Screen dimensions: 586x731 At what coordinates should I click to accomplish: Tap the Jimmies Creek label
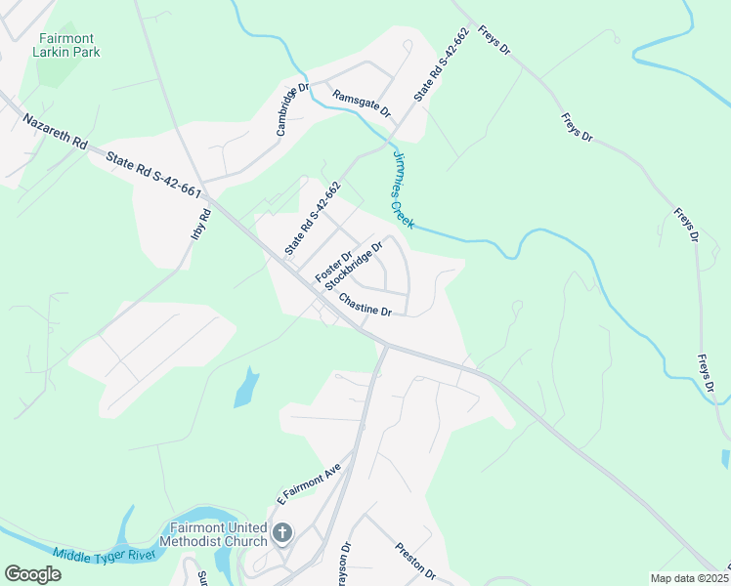tap(404, 189)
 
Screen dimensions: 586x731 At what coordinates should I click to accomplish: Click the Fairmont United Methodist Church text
tap(219, 534)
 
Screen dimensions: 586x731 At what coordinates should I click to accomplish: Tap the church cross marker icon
tap(282, 533)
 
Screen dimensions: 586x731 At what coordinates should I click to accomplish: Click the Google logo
tap(32, 574)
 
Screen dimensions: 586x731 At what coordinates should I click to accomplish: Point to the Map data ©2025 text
tap(688, 578)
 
